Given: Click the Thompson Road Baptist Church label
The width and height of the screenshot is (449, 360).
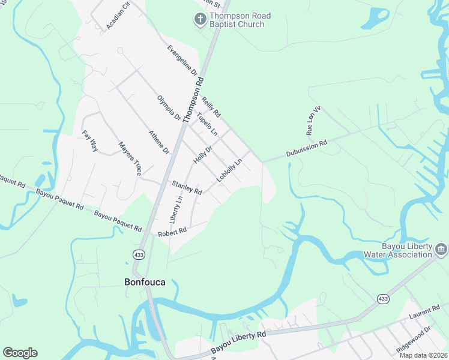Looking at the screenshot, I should coord(237,20).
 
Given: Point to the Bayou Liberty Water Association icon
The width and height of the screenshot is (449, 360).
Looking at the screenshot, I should coord(441,248).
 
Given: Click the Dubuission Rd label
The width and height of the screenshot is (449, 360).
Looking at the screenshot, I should coord(306,148).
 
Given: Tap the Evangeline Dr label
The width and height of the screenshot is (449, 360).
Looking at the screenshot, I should coord(182,60).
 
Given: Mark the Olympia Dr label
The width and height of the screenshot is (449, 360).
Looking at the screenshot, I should coord(169,108).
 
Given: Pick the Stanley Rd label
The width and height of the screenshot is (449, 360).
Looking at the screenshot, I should coord(187,187).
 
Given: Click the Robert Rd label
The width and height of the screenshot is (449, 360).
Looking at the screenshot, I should coord(172,231).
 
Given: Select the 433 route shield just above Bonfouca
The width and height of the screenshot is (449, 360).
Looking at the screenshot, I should coord(139,254).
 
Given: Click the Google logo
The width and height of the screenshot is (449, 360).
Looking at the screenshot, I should coord(20,353).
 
